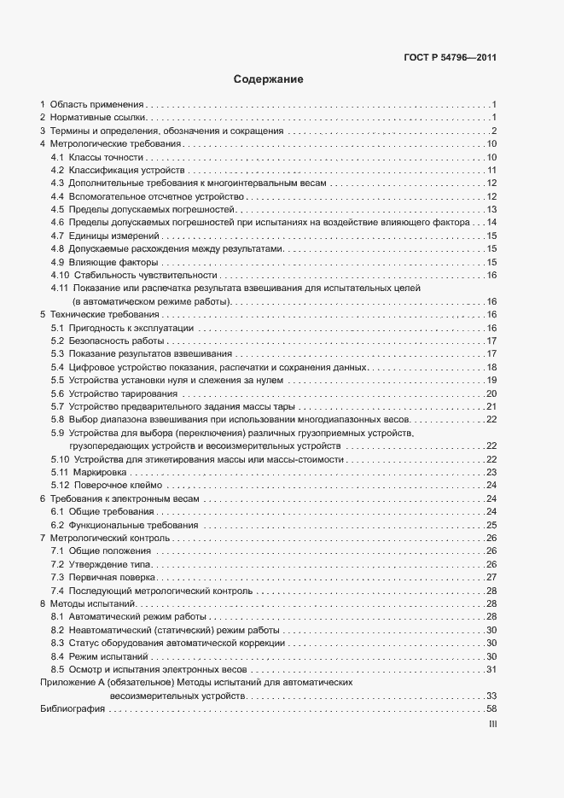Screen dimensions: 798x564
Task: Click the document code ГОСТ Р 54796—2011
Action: pos(450,59)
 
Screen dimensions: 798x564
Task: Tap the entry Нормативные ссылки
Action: pos(99,117)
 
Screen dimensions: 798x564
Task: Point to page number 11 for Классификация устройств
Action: pos(491,171)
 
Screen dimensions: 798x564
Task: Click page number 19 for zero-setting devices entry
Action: pos(491,380)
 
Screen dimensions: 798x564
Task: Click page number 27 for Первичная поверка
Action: pos(491,578)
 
